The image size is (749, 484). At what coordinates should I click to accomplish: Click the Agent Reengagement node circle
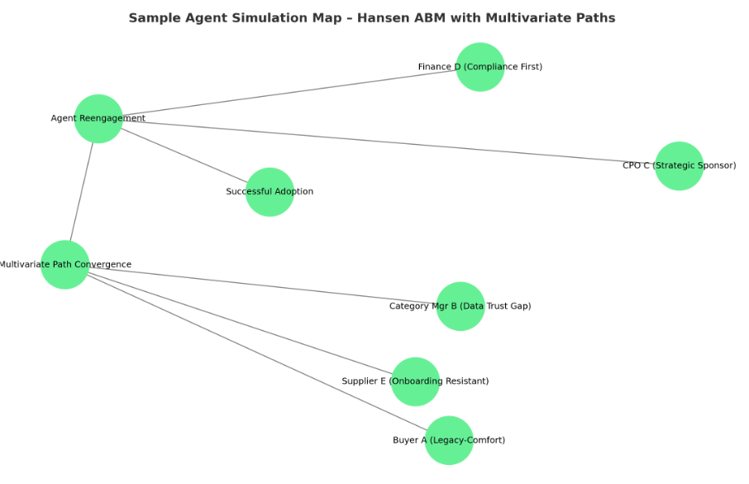pos(98,118)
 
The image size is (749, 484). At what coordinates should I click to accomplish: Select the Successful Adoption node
pos(270,192)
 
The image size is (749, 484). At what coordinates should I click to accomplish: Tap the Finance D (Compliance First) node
pos(480,67)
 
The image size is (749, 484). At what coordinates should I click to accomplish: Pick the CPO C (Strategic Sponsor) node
pos(679,165)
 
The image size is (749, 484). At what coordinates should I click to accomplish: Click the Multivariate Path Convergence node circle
pos(64,265)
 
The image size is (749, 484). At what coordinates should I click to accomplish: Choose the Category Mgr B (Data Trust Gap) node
pos(460,306)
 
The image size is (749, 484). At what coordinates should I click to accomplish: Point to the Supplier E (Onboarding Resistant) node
pos(415,381)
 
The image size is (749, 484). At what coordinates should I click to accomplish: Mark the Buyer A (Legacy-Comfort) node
pos(449,440)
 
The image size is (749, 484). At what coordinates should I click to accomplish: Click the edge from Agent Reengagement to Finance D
pos(289,93)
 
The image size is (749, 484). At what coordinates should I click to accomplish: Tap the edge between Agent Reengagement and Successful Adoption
pos(184,155)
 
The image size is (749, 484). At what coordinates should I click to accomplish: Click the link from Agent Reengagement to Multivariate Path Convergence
pos(82,191)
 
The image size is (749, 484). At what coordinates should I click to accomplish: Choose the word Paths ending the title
pos(596,17)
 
